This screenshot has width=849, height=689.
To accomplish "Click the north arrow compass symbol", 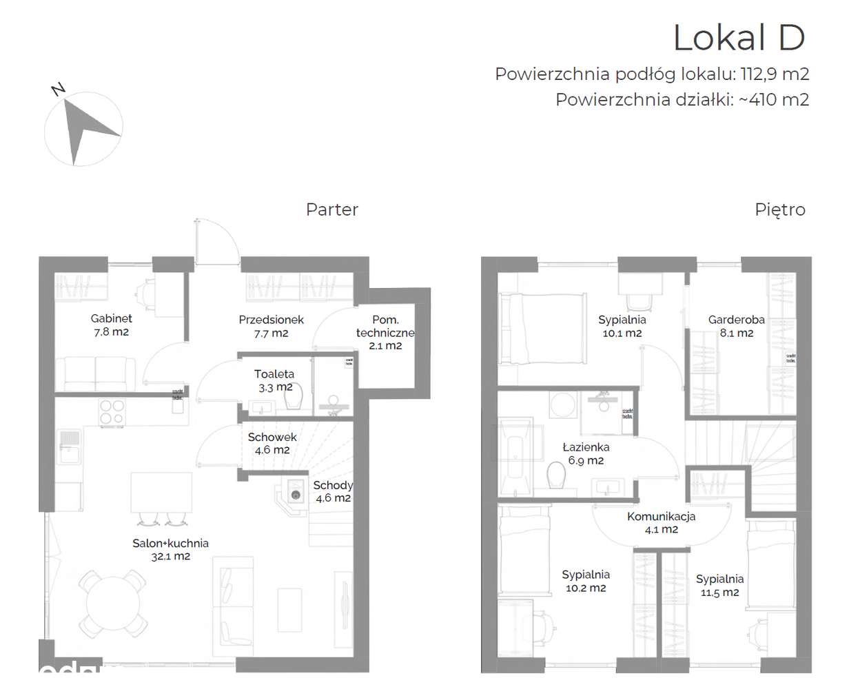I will (x=83, y=131).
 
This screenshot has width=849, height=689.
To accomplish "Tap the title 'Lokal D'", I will (x=738, y=38).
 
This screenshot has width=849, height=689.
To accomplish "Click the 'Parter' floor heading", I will (x=331, y=209).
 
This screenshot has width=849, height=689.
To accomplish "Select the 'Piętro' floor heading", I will (x=779, y=209).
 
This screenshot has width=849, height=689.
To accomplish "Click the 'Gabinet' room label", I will (x=111, y=319).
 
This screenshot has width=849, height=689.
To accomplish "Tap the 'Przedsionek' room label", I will (x=271, y=320).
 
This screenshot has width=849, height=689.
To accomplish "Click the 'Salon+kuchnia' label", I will (x=170, y=544).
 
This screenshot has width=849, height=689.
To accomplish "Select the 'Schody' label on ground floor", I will (x=333, y=485).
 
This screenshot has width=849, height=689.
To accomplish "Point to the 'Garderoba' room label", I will (x=736, y=320).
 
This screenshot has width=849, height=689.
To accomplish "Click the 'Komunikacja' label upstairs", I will (x=661, y=517).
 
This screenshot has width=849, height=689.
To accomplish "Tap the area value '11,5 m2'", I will (x=719, y=593).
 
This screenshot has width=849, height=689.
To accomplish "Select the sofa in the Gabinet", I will (x=96, y=374).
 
